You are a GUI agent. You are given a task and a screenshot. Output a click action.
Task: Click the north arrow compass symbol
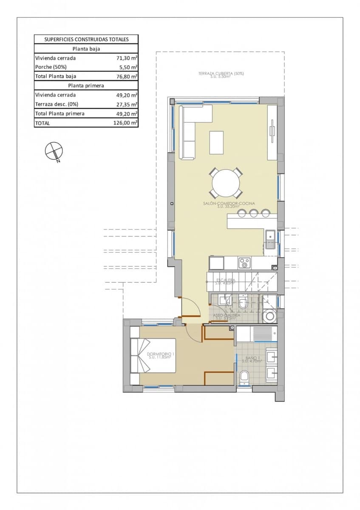pos(54,151)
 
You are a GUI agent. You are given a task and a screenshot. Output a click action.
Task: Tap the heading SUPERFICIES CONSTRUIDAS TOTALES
pos(86,40)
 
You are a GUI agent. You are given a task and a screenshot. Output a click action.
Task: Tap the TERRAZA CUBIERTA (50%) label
pos(221,74)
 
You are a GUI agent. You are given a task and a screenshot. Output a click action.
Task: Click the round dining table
pos(226,183)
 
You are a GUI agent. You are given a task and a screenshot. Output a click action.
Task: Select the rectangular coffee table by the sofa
pos(216,142)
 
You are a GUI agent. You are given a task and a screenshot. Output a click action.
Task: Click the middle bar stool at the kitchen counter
pos(254,213)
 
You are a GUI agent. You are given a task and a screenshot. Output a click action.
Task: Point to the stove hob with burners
pos(244,263)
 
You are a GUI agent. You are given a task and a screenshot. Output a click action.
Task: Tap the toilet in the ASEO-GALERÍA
pos(243,303)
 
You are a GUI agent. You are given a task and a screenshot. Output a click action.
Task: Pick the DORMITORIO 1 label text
pos(160,355)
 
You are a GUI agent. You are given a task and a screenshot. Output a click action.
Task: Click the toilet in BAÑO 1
pos(244,377)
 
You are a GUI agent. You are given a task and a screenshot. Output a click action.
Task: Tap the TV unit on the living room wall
pos(272,132)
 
